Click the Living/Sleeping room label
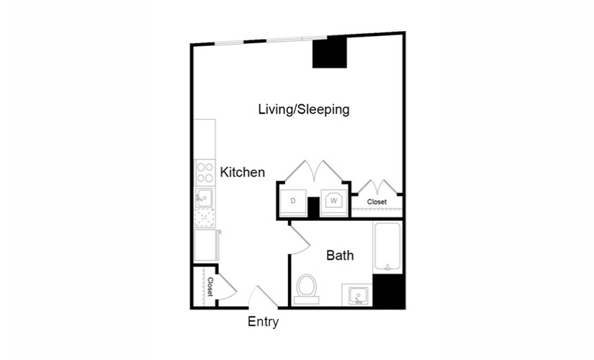[x=304, y=109]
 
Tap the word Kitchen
[x=243, y=172]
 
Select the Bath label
[x=340, y=256]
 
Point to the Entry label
[x=263, y=322]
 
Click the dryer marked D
[x=293, y=202]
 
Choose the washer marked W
[x=333, y=202]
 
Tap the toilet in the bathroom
[x=307, y=289]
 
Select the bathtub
[x=387, y=247]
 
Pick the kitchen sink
[x=204, y=197]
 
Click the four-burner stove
[x=204, y=172]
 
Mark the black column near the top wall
[x=330, y=53]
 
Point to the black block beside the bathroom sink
[x=388, y=290]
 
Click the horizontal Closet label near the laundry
[x=377, y=202]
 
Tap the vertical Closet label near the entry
[x=210, y=287]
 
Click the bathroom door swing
[x=300, y=240]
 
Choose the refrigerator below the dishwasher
[x=206, y=246]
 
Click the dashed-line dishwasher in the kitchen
[x=204, y=218]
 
